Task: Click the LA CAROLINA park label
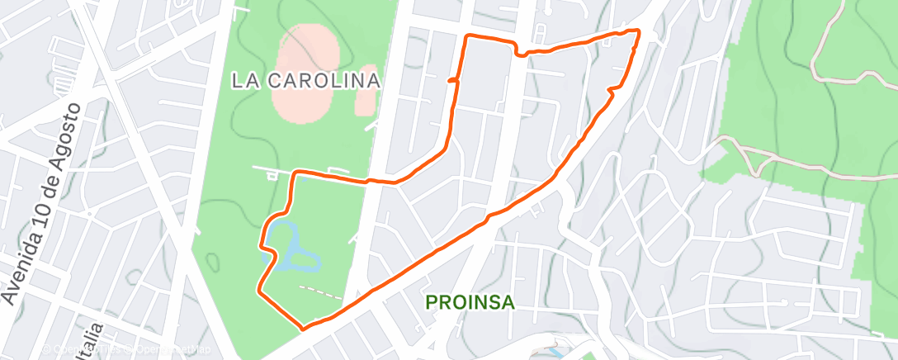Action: coord(305,81)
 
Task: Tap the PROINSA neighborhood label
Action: coord(470,303)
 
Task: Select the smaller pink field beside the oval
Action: coord(366,91)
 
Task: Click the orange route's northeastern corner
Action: coord(638,31)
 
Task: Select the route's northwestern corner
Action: coord(468,37)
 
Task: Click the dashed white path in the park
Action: coord(319,291)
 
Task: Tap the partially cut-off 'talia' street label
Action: coord(93,339)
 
